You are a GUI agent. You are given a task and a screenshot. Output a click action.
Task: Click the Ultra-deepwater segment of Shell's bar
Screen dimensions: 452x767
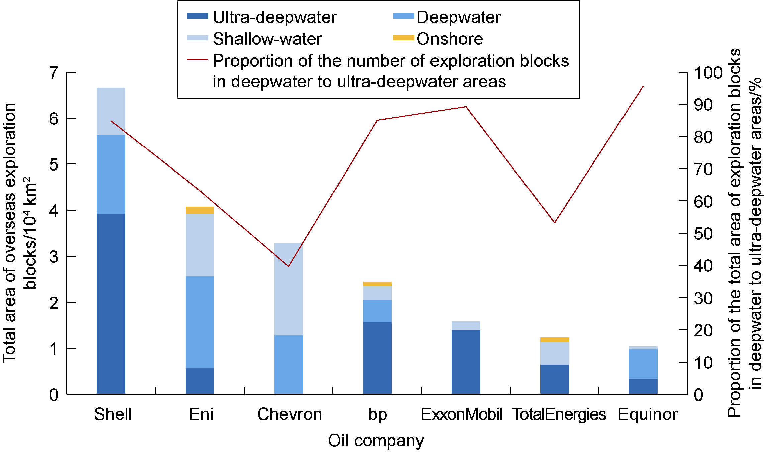[111, 304]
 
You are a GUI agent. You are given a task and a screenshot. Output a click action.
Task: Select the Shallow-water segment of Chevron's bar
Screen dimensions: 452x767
[288, 289]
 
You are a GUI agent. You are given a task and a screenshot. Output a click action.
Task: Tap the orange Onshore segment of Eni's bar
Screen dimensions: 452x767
[200, 210]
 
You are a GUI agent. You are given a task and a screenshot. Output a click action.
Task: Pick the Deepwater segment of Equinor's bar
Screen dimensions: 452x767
[643, 364]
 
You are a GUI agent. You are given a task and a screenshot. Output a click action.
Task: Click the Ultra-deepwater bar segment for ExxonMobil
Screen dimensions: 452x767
[466, 362]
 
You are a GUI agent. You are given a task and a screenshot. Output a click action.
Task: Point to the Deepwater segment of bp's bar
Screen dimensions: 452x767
[377, 311]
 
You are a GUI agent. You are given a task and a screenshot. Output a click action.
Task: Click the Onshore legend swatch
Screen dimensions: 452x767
[404, 38]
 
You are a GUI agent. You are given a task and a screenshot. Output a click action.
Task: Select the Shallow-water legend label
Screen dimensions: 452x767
[268, 39]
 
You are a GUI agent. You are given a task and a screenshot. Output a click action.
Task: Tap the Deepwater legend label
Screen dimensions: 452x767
[459, 17]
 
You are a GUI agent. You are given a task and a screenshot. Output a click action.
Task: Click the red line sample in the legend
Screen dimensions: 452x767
[198, 60]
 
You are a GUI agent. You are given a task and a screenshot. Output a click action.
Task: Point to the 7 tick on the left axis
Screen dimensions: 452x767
[54, 73]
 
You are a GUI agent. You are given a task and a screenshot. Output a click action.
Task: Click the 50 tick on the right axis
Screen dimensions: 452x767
[703, 234]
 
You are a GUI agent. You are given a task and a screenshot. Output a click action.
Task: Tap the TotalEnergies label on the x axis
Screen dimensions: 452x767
[559, 414]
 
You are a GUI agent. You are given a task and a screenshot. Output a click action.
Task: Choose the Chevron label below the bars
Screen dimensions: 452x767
[290, 414]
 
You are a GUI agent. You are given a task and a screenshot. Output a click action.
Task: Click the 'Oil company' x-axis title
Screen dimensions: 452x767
[376, 441]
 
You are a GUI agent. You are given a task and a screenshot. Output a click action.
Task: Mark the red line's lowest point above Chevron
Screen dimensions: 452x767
[288, 266]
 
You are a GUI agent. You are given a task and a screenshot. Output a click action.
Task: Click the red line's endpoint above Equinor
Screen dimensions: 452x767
[643, 86]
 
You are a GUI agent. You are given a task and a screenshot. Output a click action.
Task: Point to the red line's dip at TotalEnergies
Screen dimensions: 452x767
[555, 222]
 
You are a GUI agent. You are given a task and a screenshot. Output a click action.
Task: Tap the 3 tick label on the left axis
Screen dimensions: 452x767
[54, 257]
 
